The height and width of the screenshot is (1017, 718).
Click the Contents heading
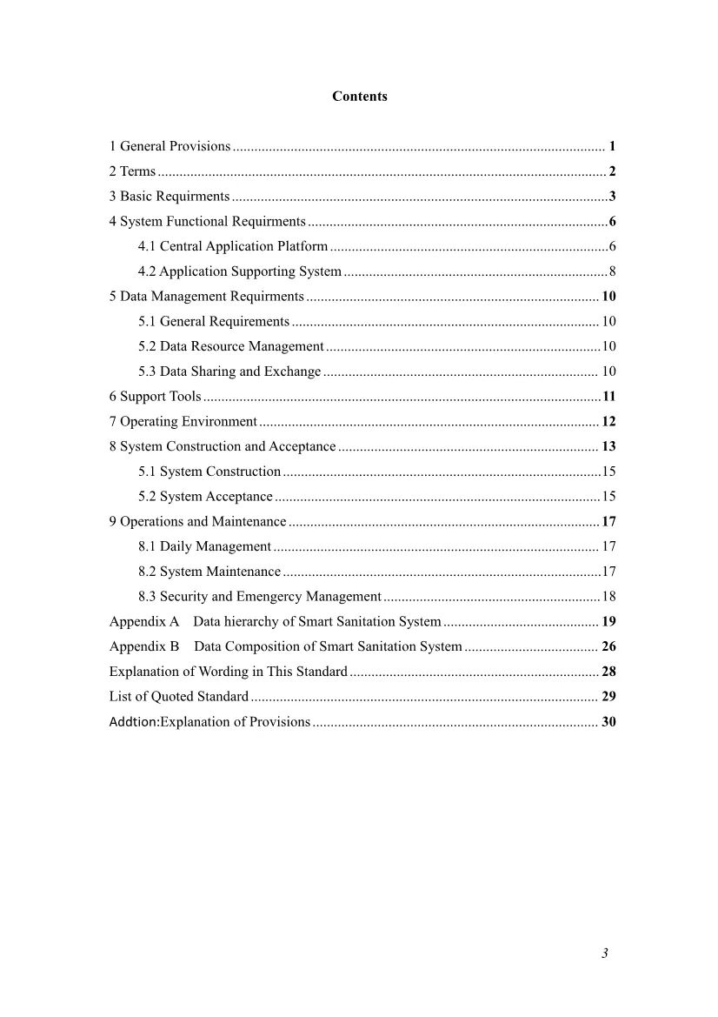click(x=359, y=97)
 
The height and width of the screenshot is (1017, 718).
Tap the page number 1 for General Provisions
click(x=612, y=146)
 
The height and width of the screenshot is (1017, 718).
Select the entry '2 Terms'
click(x=132, y=171)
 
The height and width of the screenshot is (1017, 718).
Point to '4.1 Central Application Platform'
click(x=233, y=247)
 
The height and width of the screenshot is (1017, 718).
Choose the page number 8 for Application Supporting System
click(x=612, y=271)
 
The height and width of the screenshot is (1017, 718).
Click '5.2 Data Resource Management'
click(x=230, y=346)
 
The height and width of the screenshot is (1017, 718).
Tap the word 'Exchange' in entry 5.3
click(x=296, y=371)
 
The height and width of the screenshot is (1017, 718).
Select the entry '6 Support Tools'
click(x=155, y=397)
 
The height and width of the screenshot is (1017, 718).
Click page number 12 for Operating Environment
click(x=608, y=422)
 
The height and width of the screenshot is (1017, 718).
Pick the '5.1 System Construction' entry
click(x=209, y=472)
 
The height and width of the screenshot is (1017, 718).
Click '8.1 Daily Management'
click(x=204, y=546)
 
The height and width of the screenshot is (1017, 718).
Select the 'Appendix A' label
click(x=143, y=622)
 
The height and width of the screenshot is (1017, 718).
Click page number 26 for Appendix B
click(x=608, y=646)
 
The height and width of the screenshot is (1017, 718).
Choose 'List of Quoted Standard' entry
click(x=178, y=697)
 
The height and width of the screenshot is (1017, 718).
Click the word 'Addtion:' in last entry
click(x=134, y=722)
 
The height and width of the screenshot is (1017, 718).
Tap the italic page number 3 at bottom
click(x=604, y=953)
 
